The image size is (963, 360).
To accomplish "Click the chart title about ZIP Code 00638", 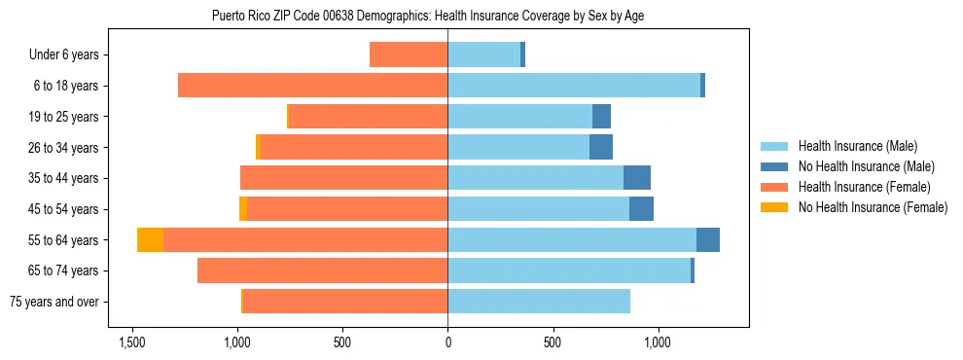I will (x=427, y=16).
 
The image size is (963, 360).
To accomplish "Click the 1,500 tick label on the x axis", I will (x=132, y=342).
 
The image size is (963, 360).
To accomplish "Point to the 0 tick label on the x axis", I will (x=447, y=342).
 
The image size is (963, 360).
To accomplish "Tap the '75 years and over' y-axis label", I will (x=53, y=302).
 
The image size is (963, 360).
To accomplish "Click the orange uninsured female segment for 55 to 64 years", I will (x=150, y=240).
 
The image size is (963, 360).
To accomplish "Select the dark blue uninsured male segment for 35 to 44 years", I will (x=637, y=178).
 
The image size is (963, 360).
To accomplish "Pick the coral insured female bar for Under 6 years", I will (x=409, y=55).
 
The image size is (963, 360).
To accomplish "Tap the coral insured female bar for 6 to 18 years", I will (x=312, y=86).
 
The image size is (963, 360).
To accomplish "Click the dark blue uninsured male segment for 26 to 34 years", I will (x=601, y=148).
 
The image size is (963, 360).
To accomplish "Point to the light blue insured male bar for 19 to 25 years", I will (x=520, y=117).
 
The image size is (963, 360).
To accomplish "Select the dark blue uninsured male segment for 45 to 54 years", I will (x=641, y=209).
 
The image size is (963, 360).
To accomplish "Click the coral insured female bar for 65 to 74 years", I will (x=322, y=270).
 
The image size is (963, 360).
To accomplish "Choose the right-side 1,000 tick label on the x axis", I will (x=658, y=342).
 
